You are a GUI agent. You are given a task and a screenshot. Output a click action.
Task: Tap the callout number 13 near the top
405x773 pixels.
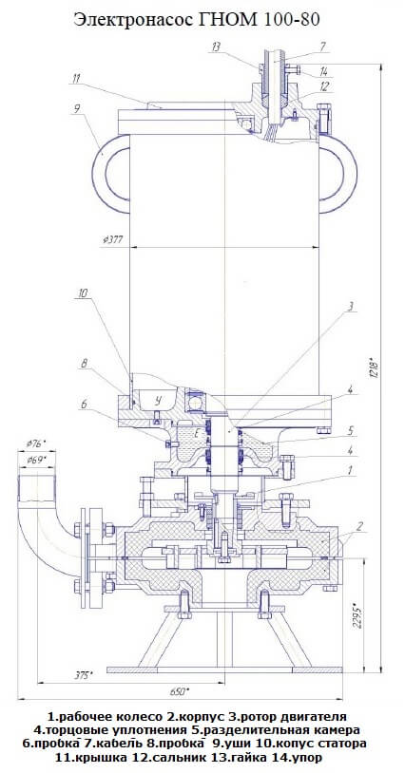tap(215, 47)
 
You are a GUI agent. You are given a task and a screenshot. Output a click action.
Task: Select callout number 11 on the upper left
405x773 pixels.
tap(76, 79)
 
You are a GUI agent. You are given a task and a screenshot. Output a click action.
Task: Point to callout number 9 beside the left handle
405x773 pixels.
tap(76, 109)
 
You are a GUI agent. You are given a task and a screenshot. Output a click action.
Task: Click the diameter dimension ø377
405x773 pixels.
tap(113, 240)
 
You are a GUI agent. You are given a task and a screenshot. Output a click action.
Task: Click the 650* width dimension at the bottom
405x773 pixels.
tap(180, 691)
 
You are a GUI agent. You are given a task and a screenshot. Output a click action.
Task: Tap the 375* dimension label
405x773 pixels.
tap(83, 675)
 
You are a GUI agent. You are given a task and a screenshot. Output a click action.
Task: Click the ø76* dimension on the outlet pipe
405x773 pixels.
tap(36, 443)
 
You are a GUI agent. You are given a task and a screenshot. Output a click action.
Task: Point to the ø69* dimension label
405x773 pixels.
tap(36, 460)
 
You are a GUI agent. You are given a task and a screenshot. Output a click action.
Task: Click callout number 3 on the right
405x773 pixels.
tap(350, 307)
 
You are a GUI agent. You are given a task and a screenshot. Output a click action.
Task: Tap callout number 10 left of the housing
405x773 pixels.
tap(83, 293)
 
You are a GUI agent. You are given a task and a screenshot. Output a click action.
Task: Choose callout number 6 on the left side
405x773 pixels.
tap(84, 404)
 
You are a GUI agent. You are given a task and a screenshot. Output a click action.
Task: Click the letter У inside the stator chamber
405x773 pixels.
tap(158, 400)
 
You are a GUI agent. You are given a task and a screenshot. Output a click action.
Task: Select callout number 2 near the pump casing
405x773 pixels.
tap(360, 526)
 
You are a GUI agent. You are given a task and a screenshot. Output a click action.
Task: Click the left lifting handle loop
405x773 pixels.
tap(97, 174)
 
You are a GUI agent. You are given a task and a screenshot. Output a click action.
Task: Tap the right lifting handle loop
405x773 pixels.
tap(352, 174)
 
